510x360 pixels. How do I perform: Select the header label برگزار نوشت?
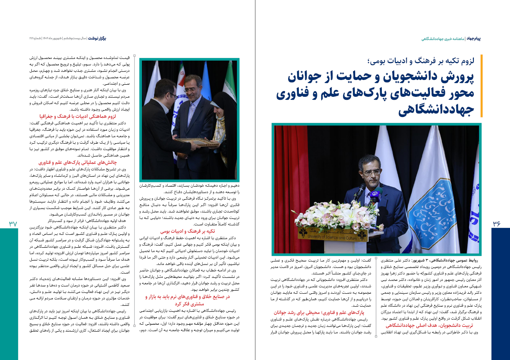tap(97, 39)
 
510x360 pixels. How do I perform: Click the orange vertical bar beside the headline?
tap(482, 86)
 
